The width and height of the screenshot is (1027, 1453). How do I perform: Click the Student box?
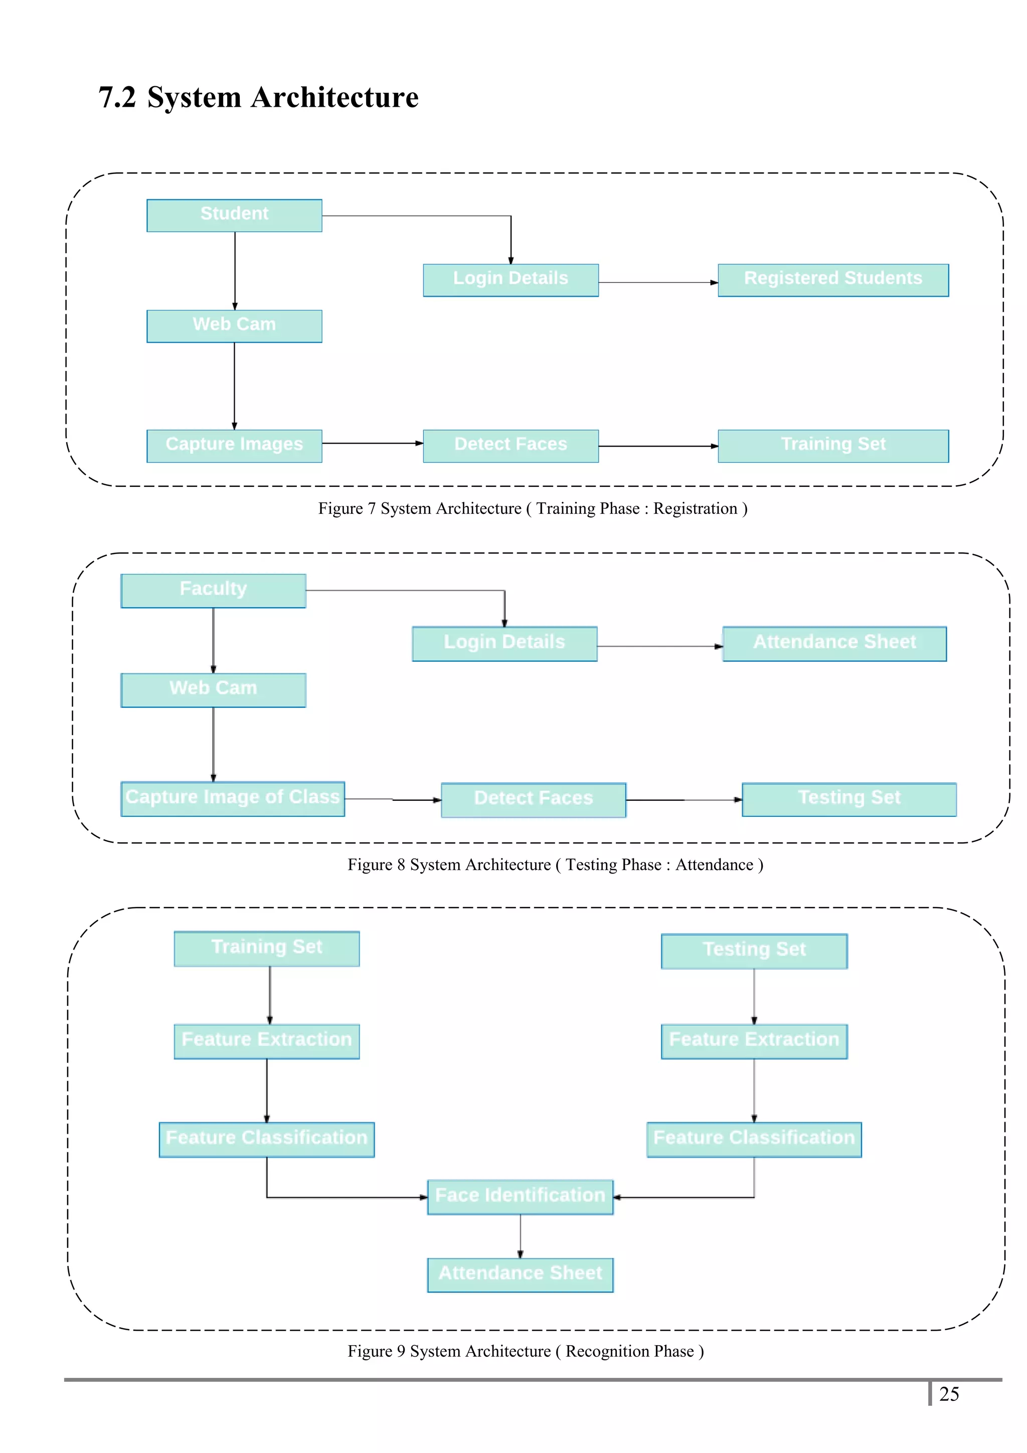coord(234,215)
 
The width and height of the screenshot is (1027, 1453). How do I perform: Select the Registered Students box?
coord(833,280)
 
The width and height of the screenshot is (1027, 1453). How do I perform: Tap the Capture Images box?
coord(234,446)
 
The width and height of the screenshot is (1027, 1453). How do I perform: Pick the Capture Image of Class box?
coord(232,798)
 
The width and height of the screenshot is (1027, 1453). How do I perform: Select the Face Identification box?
coord(520,1196)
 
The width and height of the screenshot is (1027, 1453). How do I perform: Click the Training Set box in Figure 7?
coord(833,446)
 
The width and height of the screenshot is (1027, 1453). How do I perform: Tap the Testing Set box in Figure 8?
coord(848,799)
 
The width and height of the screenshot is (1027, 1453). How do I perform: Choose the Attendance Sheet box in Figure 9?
coord(520,1275)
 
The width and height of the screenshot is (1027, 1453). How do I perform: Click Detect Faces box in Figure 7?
coord(510,446)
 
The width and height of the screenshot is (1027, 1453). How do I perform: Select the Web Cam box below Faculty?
coord(213,689)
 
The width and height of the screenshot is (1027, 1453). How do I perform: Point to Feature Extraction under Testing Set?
coord(754,1041)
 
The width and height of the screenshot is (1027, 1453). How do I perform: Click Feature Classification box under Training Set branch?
coord(266,1139)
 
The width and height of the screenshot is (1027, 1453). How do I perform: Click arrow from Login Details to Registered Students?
coord(658,282)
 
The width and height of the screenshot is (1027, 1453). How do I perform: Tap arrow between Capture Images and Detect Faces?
coord(372,443)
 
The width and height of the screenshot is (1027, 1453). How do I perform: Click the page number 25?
coord(949,1394)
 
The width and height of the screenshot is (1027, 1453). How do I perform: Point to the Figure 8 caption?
coord(555,864)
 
